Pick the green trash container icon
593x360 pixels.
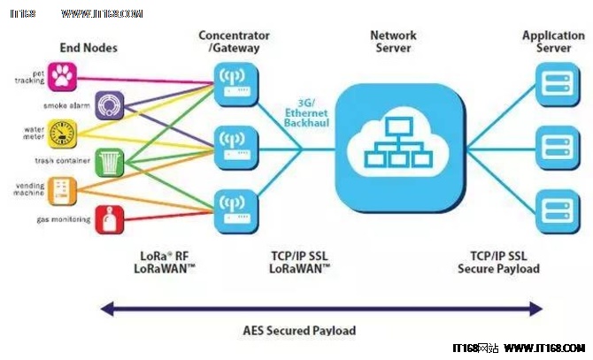108,162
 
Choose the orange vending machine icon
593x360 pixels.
64,191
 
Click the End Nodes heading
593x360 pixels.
88,47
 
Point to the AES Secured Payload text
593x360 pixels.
299,330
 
